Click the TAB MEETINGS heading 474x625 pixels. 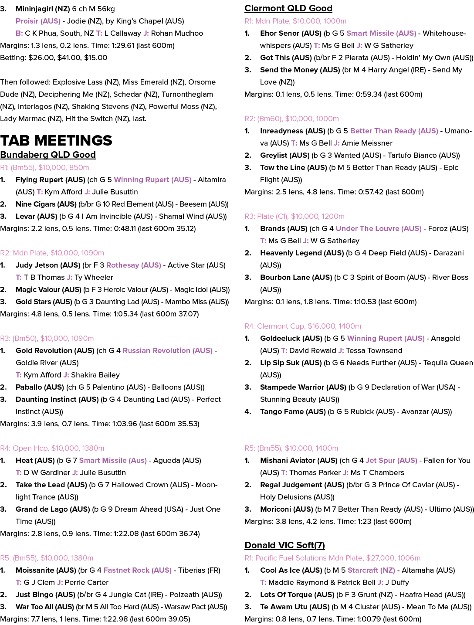coord(56,140)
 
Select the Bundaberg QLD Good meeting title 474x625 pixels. coord(48,155)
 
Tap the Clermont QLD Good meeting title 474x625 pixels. coord(288,8)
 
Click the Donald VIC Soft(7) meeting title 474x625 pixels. coord(284,545)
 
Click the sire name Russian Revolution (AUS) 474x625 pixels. coord(168,350)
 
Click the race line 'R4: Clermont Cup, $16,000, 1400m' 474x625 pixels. coord(302,326)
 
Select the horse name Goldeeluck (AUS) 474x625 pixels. coord(291,338)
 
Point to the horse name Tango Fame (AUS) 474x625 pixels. coord(293,411)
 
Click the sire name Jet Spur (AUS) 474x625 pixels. coord(392,460)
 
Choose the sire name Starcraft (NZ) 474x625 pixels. coord(372,570)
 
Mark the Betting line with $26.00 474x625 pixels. coord(54,58)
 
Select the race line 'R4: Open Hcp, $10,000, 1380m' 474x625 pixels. coord(52,448)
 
